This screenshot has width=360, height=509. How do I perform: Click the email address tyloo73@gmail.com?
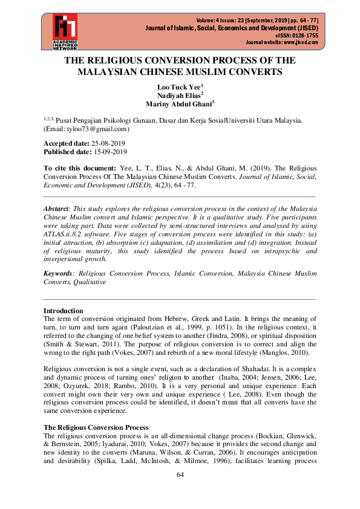click(90, 129)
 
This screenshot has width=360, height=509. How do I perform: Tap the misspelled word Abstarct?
click(57, 207)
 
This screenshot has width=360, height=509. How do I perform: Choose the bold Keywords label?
click(59, 273)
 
